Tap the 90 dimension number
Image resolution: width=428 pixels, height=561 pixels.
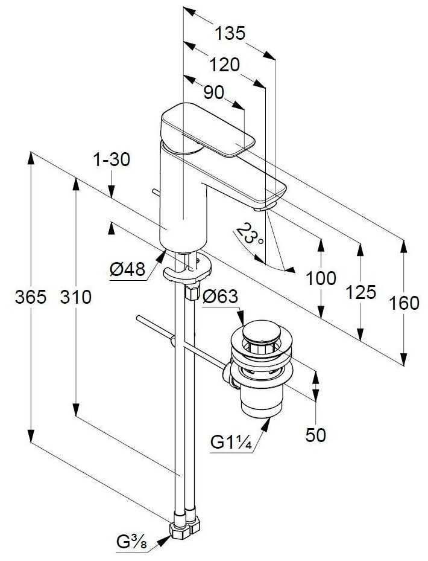tap(213, 92)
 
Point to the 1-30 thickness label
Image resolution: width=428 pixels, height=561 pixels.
tap(112, 159)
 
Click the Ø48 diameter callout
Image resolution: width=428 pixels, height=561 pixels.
tap(128, 269)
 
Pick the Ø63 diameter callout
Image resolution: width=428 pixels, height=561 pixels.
tap(220, 297)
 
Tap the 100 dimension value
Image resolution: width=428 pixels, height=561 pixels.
tap(321, 278)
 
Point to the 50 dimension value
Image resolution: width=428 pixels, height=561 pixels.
tap(315, 435)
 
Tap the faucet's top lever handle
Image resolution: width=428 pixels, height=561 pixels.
tap(205, 128)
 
